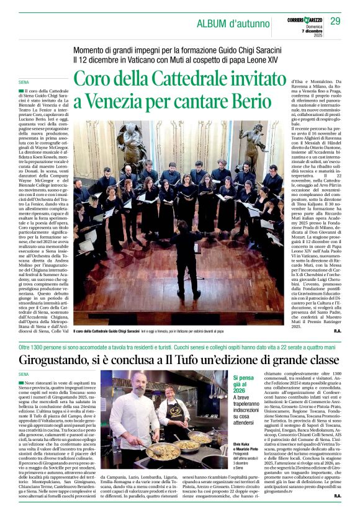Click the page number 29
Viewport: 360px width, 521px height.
coord(335,22)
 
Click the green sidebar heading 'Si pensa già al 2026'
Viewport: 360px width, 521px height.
coord(243,384)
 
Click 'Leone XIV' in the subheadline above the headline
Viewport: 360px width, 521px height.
coord(280,60)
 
